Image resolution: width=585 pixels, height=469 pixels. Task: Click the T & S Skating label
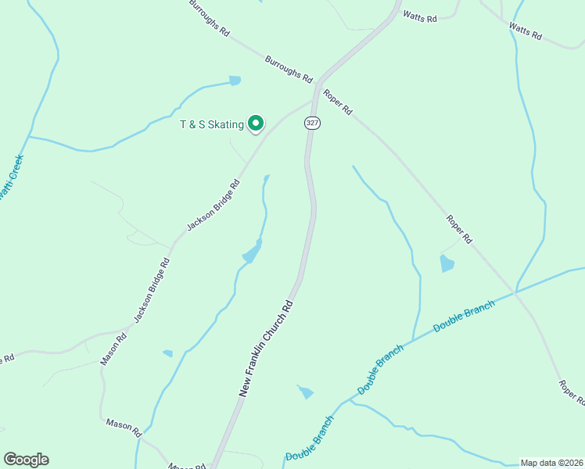[212, 124]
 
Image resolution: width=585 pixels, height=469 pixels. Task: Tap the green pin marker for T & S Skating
[256, 123]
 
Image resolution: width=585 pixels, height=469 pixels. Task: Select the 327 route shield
[313, 123]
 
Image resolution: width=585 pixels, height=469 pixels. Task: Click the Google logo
[26, 460]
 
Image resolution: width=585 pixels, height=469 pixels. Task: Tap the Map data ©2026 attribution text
[551, 462]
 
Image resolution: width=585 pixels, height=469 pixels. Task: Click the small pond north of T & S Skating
[235, 80]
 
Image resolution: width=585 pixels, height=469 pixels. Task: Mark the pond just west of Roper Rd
[447, 263]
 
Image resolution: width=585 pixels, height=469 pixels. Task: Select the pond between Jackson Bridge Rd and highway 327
[253, 252]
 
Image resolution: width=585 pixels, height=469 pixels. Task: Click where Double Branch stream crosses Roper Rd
[515, 292]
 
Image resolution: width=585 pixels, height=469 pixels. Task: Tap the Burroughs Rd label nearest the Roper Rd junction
[289, 70]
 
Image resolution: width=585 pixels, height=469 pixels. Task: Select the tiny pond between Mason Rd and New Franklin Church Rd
[167, 353]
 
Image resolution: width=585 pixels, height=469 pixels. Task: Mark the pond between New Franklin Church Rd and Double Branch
[306, 392]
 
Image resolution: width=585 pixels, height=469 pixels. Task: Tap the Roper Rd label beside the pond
[460, 228]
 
